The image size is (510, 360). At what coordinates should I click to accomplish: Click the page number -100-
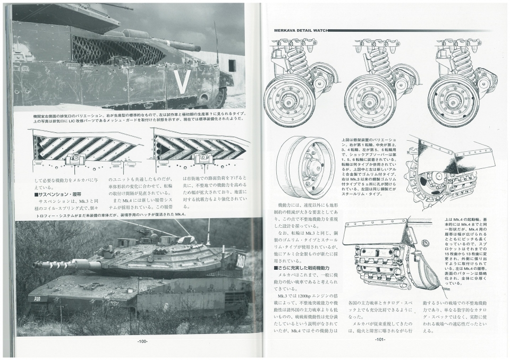point(141,341)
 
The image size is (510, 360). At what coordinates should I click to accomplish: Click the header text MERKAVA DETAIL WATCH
point(297,30)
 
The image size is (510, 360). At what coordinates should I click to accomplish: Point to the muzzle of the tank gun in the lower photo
point(36,264)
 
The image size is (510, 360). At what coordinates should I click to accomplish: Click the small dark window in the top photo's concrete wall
point(232,66)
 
